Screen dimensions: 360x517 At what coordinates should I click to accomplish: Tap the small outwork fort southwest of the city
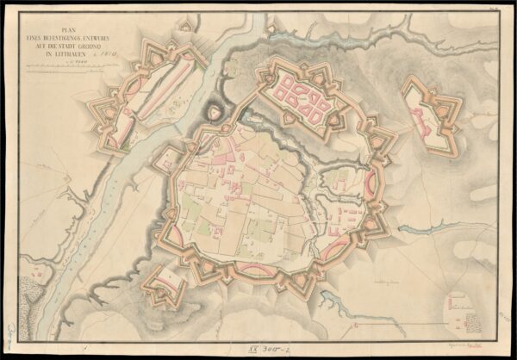(165, 285)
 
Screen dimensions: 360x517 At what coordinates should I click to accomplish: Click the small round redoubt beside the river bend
(213, 113)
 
